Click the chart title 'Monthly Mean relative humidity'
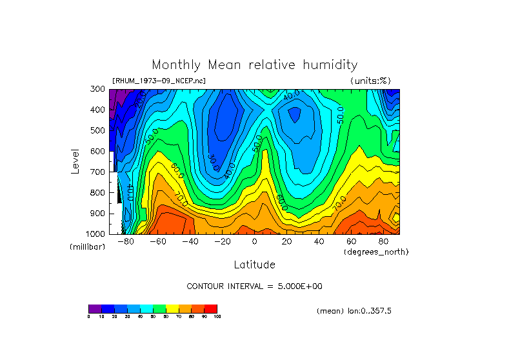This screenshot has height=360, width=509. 254,65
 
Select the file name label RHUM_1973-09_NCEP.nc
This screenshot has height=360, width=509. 159,81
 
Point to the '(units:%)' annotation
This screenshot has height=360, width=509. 370,81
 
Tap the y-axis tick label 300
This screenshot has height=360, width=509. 99,89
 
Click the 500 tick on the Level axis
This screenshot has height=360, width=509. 99,130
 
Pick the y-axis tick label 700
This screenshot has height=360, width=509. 99,172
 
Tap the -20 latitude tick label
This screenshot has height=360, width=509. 221,241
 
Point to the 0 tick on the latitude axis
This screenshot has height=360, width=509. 254,241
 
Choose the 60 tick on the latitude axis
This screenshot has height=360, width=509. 351,241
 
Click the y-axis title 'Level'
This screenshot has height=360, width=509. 76,161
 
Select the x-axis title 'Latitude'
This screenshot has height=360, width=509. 254,265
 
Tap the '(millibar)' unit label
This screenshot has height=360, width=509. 87,246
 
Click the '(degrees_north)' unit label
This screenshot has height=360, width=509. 376,251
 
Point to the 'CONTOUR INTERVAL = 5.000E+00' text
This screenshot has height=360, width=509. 254,286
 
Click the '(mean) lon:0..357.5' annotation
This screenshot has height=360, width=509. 354,311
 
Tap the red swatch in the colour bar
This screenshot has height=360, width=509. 211,308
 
